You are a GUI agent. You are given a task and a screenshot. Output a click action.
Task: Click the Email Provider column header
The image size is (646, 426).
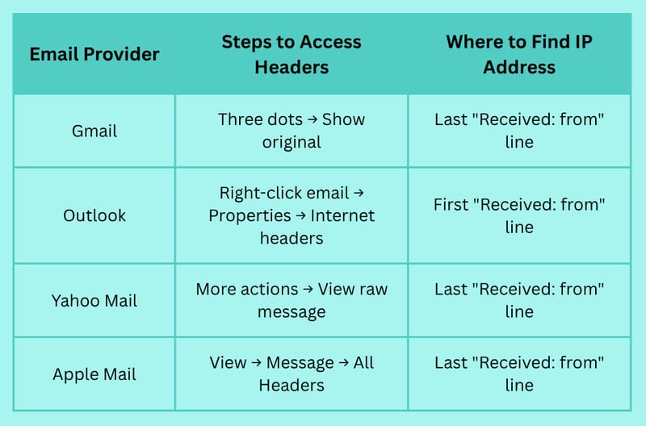(94, 54)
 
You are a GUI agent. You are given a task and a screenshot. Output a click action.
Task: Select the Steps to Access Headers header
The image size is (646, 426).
(292, 54)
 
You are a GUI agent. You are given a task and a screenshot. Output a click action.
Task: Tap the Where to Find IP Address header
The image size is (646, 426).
(519, 54)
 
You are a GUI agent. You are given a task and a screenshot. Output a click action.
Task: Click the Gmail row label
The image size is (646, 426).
(94, 131)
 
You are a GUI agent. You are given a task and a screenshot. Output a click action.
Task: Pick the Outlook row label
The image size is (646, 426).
(94, 215)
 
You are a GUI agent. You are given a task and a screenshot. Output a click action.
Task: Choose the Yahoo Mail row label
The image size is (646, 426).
(94, 300)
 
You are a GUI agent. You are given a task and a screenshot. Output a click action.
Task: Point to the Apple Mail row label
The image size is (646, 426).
(94, 374)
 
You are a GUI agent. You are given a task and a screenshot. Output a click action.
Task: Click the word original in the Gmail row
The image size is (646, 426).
(292, 143)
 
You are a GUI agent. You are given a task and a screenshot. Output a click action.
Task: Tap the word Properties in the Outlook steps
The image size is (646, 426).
(250, 215)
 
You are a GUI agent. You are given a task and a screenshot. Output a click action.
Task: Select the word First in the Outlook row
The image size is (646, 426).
(451, 205)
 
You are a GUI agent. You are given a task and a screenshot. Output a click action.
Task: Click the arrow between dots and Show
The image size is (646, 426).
(313, 119)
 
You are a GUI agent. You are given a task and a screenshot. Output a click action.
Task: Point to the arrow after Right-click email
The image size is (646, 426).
(359, 193)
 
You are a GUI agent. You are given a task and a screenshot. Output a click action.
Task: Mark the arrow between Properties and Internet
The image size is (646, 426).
(300, 215)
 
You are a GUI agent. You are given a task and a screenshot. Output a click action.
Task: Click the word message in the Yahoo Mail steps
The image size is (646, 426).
(292, 312)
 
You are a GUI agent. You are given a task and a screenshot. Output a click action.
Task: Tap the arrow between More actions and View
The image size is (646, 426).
(308, 290)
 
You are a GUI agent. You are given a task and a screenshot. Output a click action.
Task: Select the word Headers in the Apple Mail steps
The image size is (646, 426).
(292, 385)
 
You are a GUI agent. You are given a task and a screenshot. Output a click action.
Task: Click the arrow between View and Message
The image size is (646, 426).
(256, 362)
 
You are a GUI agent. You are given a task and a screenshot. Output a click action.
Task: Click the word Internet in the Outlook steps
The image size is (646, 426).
(342, 215)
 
